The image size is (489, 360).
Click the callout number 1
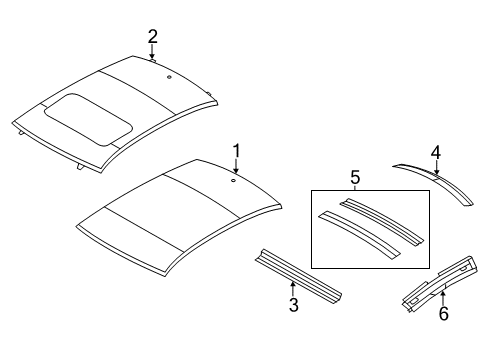click(x=237, y=151)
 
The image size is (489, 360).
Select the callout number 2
click(x=152, y=37)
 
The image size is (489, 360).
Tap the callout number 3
click(x=293, y=305)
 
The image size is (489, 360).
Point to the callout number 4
click(x=436, y=152)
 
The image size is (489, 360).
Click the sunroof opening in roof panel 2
click(x=90, y=116)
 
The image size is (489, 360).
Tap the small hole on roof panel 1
click(x=232, y=181)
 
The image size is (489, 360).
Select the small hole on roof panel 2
click(x=169, y=77)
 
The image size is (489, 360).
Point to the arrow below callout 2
click(x=152, y=53)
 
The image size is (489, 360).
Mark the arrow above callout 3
click(x=293, y=289)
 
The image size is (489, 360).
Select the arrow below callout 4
click(x=436, y=168)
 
